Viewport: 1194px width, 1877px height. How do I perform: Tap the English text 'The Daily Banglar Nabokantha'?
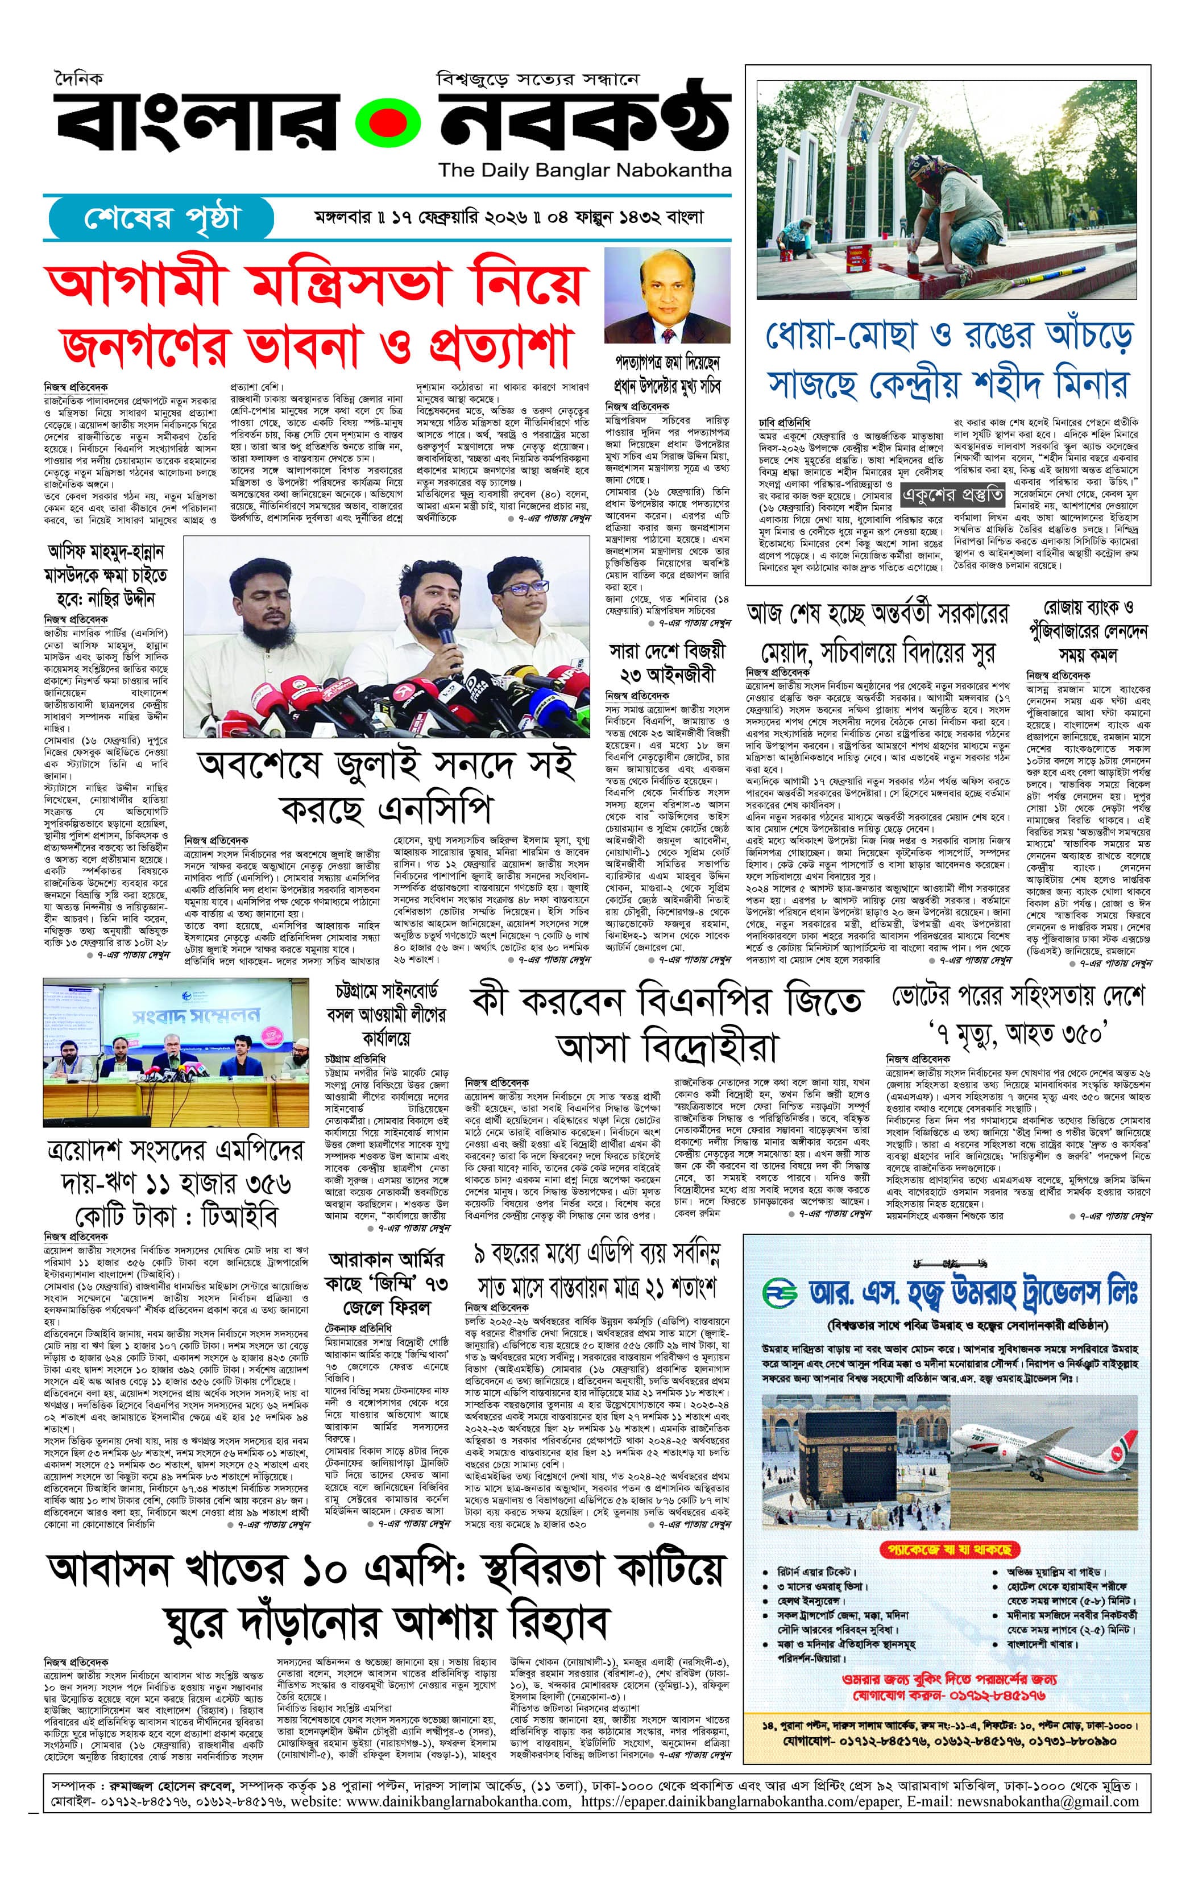coord(584,171)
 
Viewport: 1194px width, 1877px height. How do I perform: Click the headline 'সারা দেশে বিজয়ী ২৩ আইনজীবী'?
coord(667,662)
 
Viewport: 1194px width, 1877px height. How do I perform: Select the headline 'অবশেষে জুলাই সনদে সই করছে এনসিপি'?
coord(387,787)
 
